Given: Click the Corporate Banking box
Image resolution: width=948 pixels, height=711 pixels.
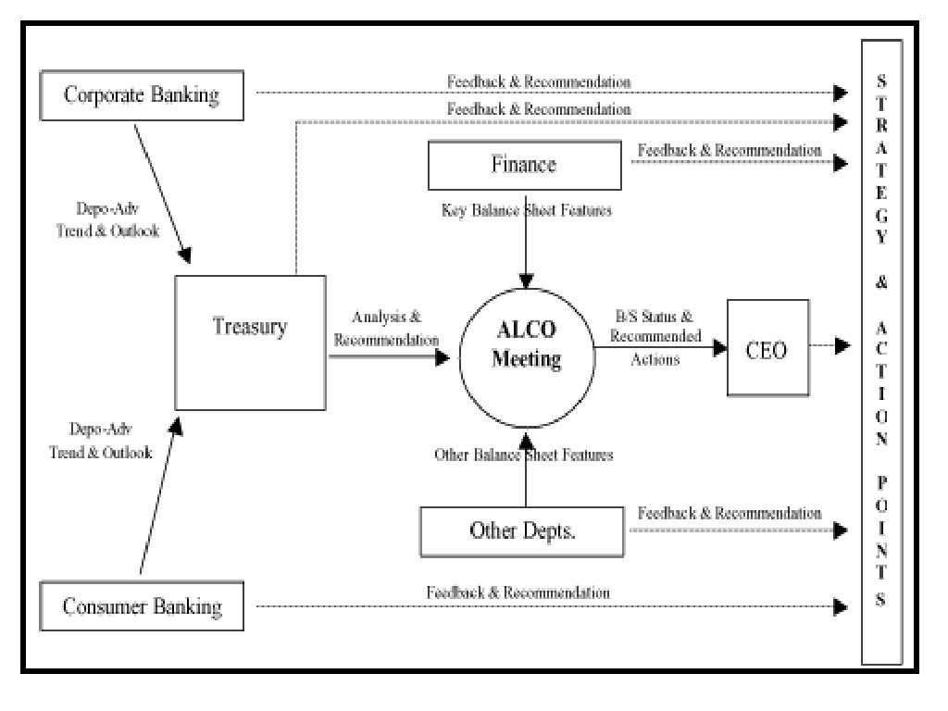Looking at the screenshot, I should pos(141,94).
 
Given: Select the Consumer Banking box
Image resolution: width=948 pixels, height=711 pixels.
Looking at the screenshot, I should pos(143,607).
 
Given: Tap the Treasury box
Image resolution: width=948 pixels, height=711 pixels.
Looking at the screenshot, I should pos(250,342).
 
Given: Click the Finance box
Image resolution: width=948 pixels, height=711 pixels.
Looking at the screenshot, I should pos(524,166).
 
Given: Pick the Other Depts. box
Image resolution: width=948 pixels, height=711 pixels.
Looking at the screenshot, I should pos(523,531).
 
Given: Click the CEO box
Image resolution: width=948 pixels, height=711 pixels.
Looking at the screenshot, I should pos(767,348).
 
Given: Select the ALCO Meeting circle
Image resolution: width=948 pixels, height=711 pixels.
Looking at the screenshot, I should pos(526,348).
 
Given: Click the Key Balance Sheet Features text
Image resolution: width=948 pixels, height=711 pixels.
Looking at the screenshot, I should pos(526,210).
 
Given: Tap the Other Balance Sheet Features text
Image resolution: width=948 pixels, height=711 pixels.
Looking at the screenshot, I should pos(524,455).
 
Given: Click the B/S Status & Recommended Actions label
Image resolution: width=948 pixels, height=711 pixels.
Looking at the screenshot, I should pos(655,337).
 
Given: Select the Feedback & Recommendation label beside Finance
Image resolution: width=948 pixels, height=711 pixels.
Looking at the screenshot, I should pos(730,150).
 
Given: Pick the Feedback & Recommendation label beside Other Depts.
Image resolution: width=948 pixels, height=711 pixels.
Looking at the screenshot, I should pos(730,512).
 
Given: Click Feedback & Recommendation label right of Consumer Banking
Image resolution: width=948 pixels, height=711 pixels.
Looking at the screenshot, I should pos(518,592).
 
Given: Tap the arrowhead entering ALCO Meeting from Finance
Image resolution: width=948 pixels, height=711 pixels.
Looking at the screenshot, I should pos(526,281).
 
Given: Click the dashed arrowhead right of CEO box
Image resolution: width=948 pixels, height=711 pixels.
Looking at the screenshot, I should pos(841,346).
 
